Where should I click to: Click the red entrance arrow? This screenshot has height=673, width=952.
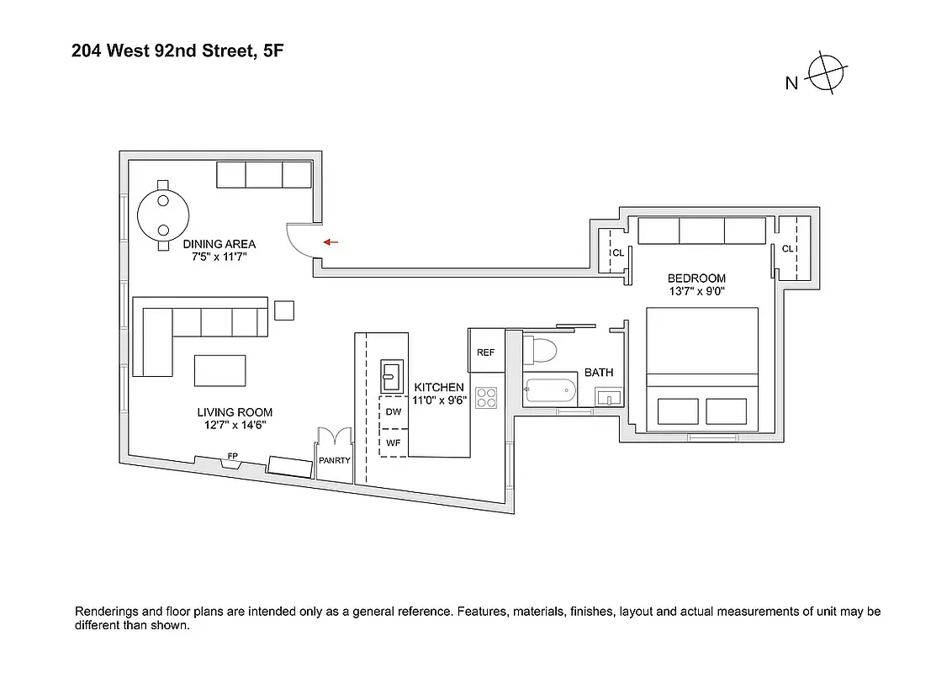coord(331,242)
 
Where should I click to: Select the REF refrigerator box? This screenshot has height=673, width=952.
coord(485,352)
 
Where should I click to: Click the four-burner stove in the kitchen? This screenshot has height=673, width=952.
coord(486,397)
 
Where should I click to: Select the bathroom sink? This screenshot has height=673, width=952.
coord(609,396)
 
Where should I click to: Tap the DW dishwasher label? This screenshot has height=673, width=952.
coord(394,412)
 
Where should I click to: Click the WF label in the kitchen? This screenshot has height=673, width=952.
coord(394,442)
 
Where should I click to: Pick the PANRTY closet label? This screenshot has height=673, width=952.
coord(334,461)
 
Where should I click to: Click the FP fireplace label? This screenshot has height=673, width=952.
coord(232,456)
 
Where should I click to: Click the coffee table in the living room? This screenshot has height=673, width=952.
coord(220,369)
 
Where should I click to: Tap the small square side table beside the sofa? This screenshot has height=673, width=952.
coord(284,310)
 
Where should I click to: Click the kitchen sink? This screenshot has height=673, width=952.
coord(392,371)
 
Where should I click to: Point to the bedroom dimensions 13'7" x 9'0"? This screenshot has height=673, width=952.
coord(695,292)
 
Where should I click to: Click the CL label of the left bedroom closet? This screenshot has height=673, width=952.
coord(617,252)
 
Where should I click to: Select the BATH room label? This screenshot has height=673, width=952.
coord(599,372)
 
